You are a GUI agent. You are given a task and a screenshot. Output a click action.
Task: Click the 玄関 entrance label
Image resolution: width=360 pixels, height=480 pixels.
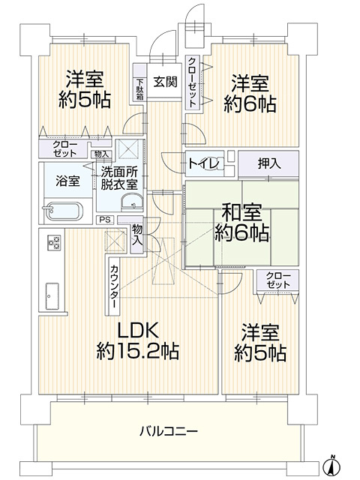tap(166, 83)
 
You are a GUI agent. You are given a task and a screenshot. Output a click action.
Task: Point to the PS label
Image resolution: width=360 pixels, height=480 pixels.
tap(103, 220)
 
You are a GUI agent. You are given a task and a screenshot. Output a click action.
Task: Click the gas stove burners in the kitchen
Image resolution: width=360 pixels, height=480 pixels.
tap(54, 242)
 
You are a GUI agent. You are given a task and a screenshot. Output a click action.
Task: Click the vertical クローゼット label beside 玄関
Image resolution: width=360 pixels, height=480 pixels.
tap(193, 83)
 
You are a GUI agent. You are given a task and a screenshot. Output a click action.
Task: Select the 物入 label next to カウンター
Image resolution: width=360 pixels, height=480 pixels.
tap(137, 235)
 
